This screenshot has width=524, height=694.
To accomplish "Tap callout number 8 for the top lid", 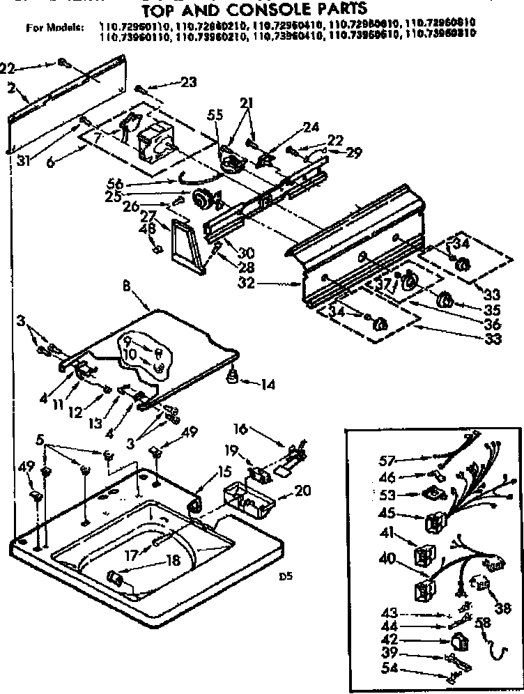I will pyautogui.click(x=145, y=285).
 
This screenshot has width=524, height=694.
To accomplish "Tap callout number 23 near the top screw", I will pyautogui.click(x=188, y=82).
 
